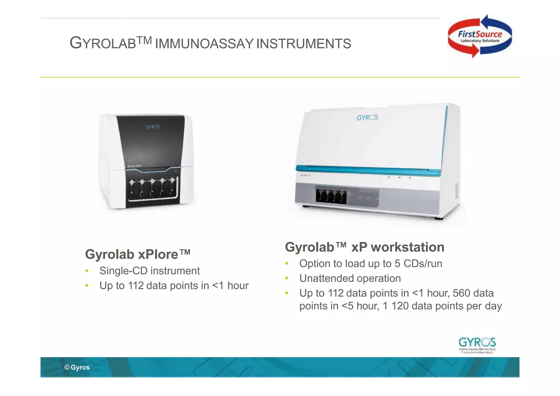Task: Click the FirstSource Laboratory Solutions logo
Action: [480, 36]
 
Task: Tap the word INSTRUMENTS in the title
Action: [304, 44]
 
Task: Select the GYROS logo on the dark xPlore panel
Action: [152, 127]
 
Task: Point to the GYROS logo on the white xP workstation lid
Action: [367, 118]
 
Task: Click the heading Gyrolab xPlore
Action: [138, 254]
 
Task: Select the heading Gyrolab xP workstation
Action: [364, 247]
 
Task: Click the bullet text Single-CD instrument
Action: [150, 271]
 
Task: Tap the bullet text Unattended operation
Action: [350, 278]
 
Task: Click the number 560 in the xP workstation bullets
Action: [461, 293]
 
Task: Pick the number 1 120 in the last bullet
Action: [395, 306]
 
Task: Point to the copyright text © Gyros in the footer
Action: [77, 367]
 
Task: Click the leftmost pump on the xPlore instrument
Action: [132, 182]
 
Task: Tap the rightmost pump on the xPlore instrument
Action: [172, 181]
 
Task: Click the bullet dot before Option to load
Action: [287, 264]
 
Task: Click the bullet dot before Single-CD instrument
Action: [87, 271]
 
